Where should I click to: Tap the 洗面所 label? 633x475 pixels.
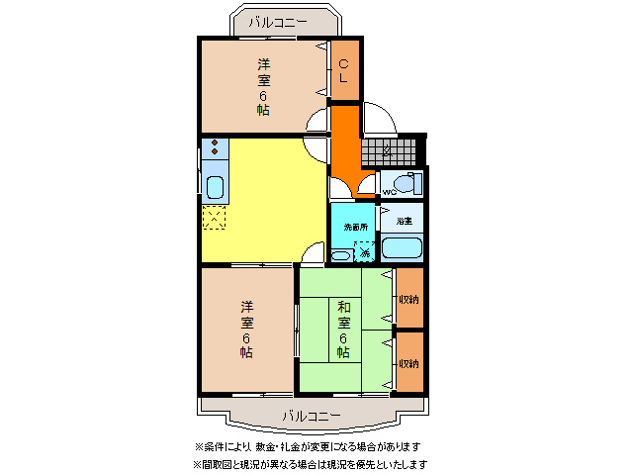[354, 227]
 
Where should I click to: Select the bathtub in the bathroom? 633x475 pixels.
[402, 247]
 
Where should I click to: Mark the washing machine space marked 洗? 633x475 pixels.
[364, 253]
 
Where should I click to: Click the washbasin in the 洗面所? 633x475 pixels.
[340, 255]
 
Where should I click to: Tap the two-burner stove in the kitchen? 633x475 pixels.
[215, 149]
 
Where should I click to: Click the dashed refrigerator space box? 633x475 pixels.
[215, 218]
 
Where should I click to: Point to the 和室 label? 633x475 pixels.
[343, 314]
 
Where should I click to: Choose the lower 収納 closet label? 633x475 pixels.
[408, 363]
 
